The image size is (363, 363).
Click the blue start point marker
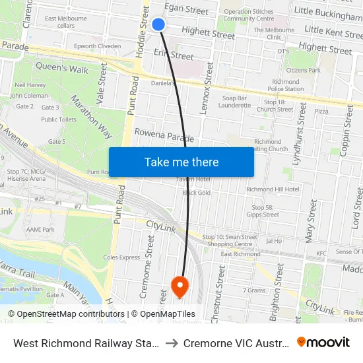158,24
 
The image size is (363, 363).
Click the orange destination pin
180,286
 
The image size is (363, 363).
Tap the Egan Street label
186,10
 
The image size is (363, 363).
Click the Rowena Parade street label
164,135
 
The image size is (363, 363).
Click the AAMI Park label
40,229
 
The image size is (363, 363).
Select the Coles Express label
121,257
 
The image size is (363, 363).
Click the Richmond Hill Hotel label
273,189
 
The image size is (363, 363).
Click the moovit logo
323,342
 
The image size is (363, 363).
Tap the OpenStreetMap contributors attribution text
66,314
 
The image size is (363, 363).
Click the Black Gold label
196,193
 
